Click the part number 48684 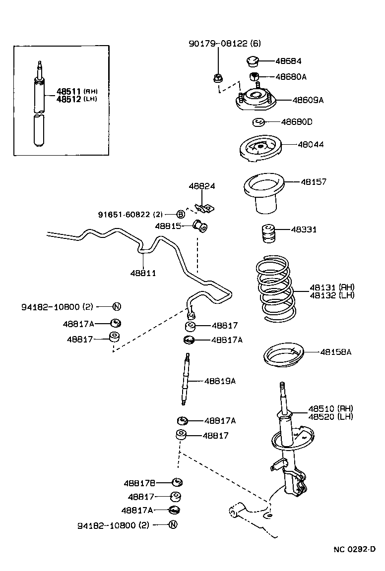click(x=288, y=61)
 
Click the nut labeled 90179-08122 click(x=217, y=78)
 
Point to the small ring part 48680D click(x=258, y=122)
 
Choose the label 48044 click(x=311, y=145)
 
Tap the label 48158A click(x=335, y=352)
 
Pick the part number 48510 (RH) click(x=330, y=408)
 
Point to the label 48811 click(x=143, y=273)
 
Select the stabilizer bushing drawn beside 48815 click(x=201, y=227)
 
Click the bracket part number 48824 click(x=201, y=186)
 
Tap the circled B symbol click(x=181, y=214)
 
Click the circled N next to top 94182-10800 click(x=117, y=307)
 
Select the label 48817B click(x=140, y=483)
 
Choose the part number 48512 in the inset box click(x=69, y=99)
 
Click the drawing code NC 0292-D click(x=354, y=549)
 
